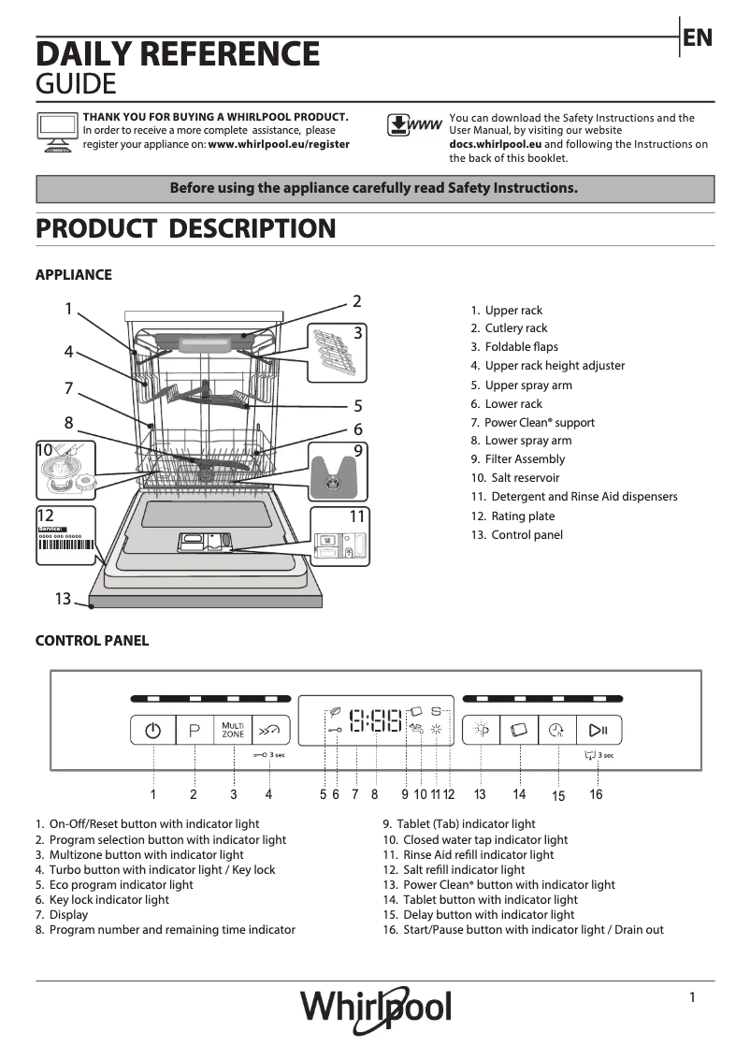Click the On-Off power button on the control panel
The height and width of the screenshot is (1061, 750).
click(x=153, y=730)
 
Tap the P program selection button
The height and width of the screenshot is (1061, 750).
click(x=195, y=730)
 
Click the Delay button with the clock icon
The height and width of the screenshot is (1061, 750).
click(x=557, y=730)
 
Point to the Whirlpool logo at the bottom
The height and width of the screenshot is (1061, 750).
click(x=375, y=1009)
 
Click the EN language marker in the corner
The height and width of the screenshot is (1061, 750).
click(x=698, y=37)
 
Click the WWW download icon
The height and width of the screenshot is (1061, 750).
click(x=413, y=125)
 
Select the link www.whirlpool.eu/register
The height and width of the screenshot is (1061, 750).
click(x=279, y=145)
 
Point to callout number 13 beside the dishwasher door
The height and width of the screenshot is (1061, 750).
click(x=63, y=599)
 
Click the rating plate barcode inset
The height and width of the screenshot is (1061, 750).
click(x=65, y=540)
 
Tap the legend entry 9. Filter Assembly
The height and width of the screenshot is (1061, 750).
click(x=518, y=459)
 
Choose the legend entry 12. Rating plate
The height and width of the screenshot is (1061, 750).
click(x=512, y=516)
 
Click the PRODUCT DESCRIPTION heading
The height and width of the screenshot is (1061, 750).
click(x=185, y=228)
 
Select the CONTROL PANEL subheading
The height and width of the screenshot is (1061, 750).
click(x=92, y=641)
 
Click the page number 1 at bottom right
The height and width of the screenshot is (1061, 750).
click(x=692, y=997)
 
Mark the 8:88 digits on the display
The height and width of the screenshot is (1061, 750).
click(x=375, y=720)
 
